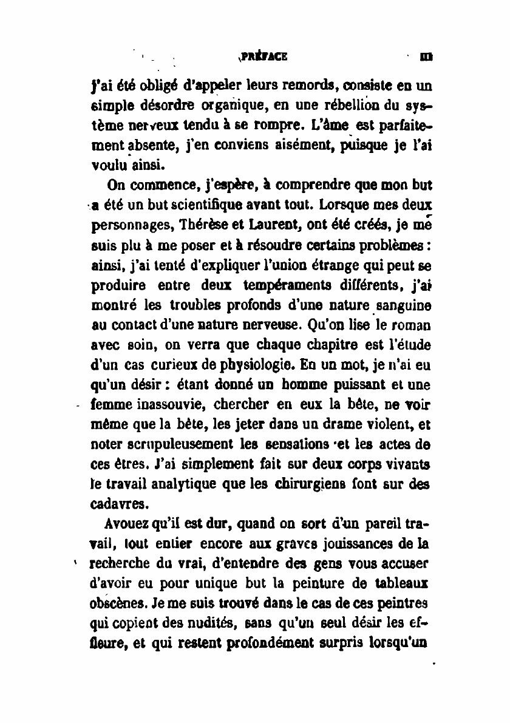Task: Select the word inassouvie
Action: (163, 405)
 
